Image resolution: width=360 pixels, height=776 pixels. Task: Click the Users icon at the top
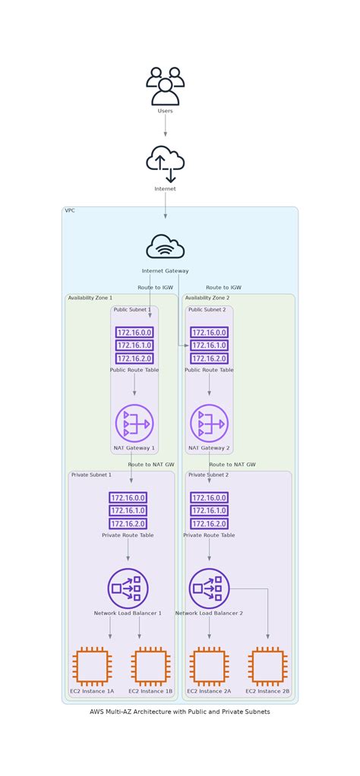[166, 86]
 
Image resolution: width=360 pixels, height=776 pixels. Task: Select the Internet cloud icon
[166, 163]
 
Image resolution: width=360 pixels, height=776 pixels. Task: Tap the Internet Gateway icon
[166, 247]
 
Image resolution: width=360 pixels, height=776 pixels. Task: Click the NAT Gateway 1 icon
[134, 423]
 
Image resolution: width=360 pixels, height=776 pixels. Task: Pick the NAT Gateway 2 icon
[209, 423]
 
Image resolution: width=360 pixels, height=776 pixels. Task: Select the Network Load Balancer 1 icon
[128, 588]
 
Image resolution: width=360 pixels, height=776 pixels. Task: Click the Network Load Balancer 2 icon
[209, 588]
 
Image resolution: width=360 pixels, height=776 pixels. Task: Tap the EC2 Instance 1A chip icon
[92, 667]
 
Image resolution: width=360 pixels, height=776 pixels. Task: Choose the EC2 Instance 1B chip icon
[150, 667]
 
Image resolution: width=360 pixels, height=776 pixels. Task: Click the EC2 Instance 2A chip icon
[209, 667]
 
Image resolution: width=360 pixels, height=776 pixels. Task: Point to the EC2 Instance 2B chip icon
[267, 667]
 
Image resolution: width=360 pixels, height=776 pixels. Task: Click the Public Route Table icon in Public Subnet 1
[134, 345]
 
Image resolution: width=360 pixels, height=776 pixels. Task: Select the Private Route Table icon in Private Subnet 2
[209, 511]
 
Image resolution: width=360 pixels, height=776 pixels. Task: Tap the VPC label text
[70, 211]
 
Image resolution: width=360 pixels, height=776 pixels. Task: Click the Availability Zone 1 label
[90, 298]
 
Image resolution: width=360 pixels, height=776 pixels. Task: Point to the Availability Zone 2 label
[207, 298]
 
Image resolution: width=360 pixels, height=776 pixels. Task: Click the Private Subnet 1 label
[91, 475]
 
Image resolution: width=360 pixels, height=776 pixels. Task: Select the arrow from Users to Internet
[166, 125]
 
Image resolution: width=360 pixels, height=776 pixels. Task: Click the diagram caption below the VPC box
[180, 711]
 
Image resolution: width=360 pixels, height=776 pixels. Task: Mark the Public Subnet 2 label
[207, 310]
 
